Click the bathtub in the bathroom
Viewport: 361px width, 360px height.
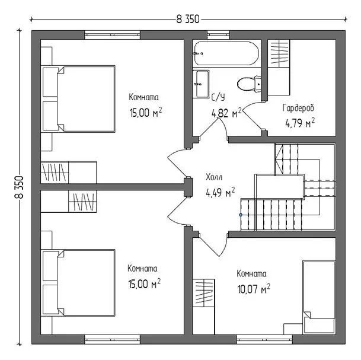[226, 53]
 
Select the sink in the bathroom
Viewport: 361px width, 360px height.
[201, 84]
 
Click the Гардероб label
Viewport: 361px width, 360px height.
[298, 108]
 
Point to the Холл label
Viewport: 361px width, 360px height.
[214, 177]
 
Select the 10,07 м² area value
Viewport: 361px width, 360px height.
[254, 289]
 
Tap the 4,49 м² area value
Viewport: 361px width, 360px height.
[221, 192]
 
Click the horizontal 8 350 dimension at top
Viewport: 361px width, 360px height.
[188, 20]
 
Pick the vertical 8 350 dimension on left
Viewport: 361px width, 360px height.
[19, 187]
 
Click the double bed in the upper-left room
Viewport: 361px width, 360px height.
[78, 99]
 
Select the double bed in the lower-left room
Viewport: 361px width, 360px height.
[78, 283]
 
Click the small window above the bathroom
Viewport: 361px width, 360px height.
[219, 35]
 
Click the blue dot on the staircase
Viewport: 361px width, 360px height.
[241, 215]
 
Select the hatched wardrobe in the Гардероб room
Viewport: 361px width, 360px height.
[279, 53]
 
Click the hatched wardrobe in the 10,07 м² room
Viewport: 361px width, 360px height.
[204, 293]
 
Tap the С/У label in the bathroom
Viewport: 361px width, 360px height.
[218, 98]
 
